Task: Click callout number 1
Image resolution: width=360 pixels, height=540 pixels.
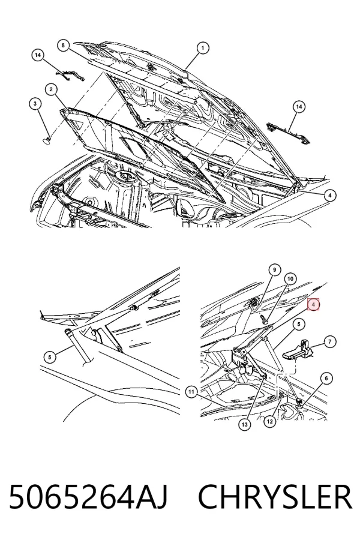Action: point(203,48)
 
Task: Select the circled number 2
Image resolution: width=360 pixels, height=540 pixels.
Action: point(51,90)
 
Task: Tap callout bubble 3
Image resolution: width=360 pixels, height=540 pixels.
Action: point(35,103)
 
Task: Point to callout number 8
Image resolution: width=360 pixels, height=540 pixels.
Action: point(63,45)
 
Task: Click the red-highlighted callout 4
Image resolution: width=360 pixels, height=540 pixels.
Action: point(313,304)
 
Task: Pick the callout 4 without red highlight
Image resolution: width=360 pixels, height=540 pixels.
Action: point(329,195)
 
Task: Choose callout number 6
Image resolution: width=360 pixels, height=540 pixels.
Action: point(326,379)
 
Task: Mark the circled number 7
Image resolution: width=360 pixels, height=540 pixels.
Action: point(330,341)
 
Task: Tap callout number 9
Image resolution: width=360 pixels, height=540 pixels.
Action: point(275,270)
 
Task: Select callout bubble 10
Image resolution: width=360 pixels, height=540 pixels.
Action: point(290,278)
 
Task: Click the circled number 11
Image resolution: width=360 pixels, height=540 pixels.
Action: point(191,392)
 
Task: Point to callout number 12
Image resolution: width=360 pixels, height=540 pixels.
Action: point(270,421)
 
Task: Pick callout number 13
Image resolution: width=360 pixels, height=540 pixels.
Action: point(245,425)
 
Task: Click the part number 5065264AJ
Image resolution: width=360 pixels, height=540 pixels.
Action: point(88,496)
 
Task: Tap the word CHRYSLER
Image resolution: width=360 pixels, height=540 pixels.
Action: point(275,496)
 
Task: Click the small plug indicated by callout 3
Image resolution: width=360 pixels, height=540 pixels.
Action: point(46,139)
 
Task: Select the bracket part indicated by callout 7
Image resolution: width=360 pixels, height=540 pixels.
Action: point(297,350)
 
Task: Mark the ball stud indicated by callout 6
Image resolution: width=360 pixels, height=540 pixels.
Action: point(299,401)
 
